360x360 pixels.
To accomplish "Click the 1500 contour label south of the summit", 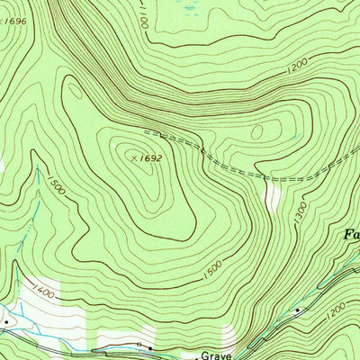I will (x=212, y=270).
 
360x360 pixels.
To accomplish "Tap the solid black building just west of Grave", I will (x=139, y=345).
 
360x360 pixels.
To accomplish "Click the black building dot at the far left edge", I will (x=6, y=320).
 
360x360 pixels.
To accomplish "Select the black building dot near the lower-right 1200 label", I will (x=298, y=310).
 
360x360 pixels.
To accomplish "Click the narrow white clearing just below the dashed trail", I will (x=272, y=193).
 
